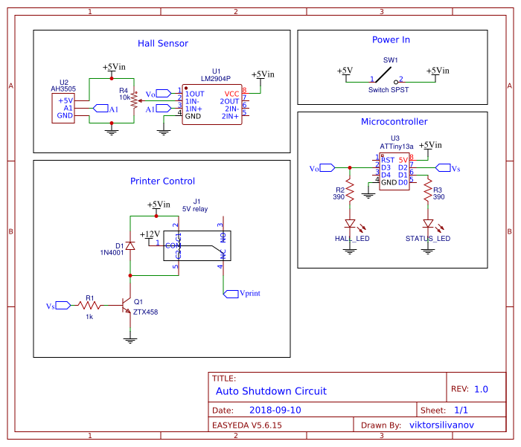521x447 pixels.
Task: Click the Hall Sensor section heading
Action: (x=162, y=44)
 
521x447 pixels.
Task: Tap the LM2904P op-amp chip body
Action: (x=212, y=105)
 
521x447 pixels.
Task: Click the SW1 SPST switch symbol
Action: (x=386, y=75)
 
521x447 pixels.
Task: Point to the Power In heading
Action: (x=391, y=40)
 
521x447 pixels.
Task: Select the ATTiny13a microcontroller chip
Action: (x=394, y=171)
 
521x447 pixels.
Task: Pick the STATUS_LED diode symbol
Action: (x=428, y=223)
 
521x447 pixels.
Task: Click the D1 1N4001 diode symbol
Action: (x=130, y=245)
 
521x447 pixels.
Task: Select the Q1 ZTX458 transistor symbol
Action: (x=126, y=306)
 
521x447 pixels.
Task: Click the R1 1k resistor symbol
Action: (x=89, y=305)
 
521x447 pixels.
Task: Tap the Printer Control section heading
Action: (x=162, y=181)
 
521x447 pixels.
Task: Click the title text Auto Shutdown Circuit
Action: (x=271, y=391)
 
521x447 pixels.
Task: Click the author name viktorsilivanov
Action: (x=441, y=425)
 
